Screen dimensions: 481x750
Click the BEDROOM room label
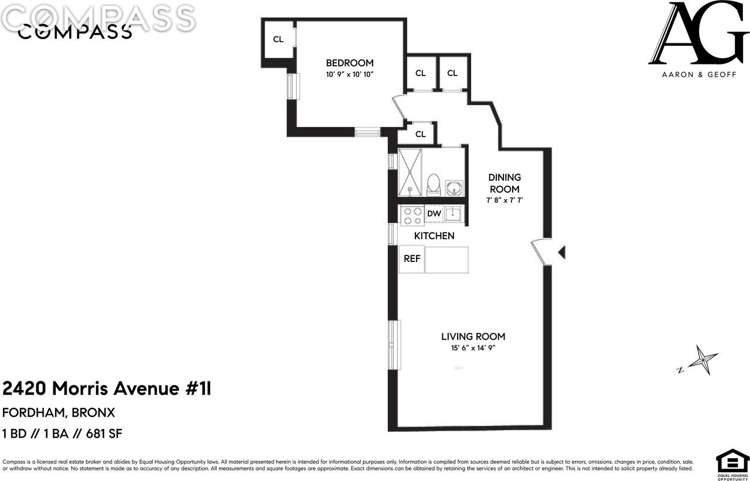[x=349, y=63]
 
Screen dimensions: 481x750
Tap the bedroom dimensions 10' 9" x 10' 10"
[x=349, y=74]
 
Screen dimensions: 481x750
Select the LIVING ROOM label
[x=473, y=337]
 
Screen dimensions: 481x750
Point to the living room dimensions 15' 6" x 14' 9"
[x=473, y=349]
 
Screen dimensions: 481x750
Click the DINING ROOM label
[x=504, y=183]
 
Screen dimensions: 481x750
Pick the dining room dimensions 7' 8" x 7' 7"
[x=504, y=200]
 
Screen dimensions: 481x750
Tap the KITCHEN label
[x=434, y=236]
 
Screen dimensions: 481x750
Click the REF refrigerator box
[x=412, y=259]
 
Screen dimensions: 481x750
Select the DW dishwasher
[x=434, y=214]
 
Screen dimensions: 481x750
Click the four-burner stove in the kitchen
[x=412, y=216]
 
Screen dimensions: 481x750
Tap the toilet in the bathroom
[x=434, y=185]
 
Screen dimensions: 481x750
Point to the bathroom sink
[x=454, y=188]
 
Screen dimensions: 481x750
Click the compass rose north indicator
[x=700, y=360]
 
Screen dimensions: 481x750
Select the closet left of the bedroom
[x=278, y=40]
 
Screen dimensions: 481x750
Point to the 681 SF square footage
[x=104, y=434]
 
